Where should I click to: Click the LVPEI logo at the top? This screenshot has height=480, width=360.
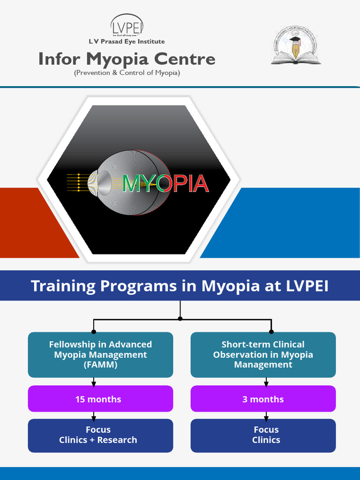(127, 26)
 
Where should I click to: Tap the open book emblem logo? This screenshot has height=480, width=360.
(295, 45)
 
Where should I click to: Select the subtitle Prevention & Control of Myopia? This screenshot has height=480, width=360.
(127, 73)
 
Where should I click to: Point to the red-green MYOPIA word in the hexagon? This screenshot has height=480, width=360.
(165, 183)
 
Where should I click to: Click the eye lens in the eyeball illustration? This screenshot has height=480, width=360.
(104, 182)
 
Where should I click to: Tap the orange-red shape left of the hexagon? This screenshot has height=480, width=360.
(28, 223)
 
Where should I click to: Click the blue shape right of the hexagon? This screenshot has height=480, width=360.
(291, 223)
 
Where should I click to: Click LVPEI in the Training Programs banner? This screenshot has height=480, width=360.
(307, 286)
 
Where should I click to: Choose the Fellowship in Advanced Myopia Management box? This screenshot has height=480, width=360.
(100, 354)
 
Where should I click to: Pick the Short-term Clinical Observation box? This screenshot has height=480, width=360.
(263, 354)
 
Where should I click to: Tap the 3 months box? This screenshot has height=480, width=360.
(263, 399)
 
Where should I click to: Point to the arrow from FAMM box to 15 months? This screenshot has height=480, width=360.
(94, 382)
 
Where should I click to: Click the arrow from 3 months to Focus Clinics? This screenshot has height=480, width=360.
(266, 416)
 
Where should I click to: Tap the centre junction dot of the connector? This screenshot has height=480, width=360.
(180, 319)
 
